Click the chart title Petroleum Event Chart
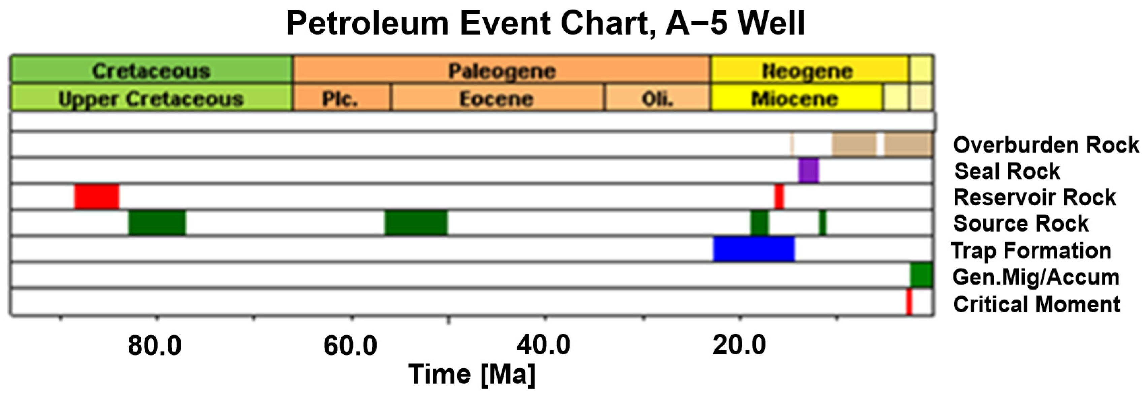coord(545,23)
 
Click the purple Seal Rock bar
coord(808,171)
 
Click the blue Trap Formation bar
coord(754,249)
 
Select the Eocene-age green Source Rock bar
coord(416,222)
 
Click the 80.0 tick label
coord(155,345)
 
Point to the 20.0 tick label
coord(739,345)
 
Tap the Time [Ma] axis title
coord(472,374)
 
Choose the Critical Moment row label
coord(1037,304)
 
